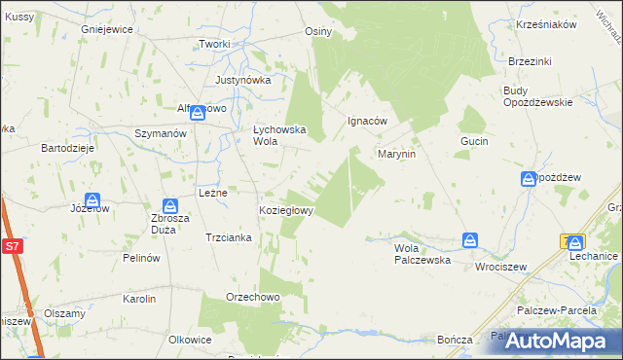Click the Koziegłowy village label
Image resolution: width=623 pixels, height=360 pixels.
tap(285, 210)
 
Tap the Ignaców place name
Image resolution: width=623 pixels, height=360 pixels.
tap(368, 122)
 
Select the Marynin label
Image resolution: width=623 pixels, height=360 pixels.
tap(397, 154)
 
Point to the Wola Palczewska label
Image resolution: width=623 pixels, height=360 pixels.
tap(421, 254)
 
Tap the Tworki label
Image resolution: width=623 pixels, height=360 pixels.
tap(214, 45)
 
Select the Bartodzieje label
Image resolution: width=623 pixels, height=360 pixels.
tap(66, 148)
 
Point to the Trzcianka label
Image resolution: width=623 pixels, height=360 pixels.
tap(230, 237)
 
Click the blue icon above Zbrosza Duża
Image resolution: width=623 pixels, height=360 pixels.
tap(169, 206)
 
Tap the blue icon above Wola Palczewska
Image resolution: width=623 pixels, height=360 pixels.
tap(471, 239)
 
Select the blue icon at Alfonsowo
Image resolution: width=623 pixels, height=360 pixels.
tap(198, 112)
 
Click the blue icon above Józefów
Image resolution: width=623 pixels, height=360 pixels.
tap(94, 198)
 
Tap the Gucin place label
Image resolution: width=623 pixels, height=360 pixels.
tap(474, 141)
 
